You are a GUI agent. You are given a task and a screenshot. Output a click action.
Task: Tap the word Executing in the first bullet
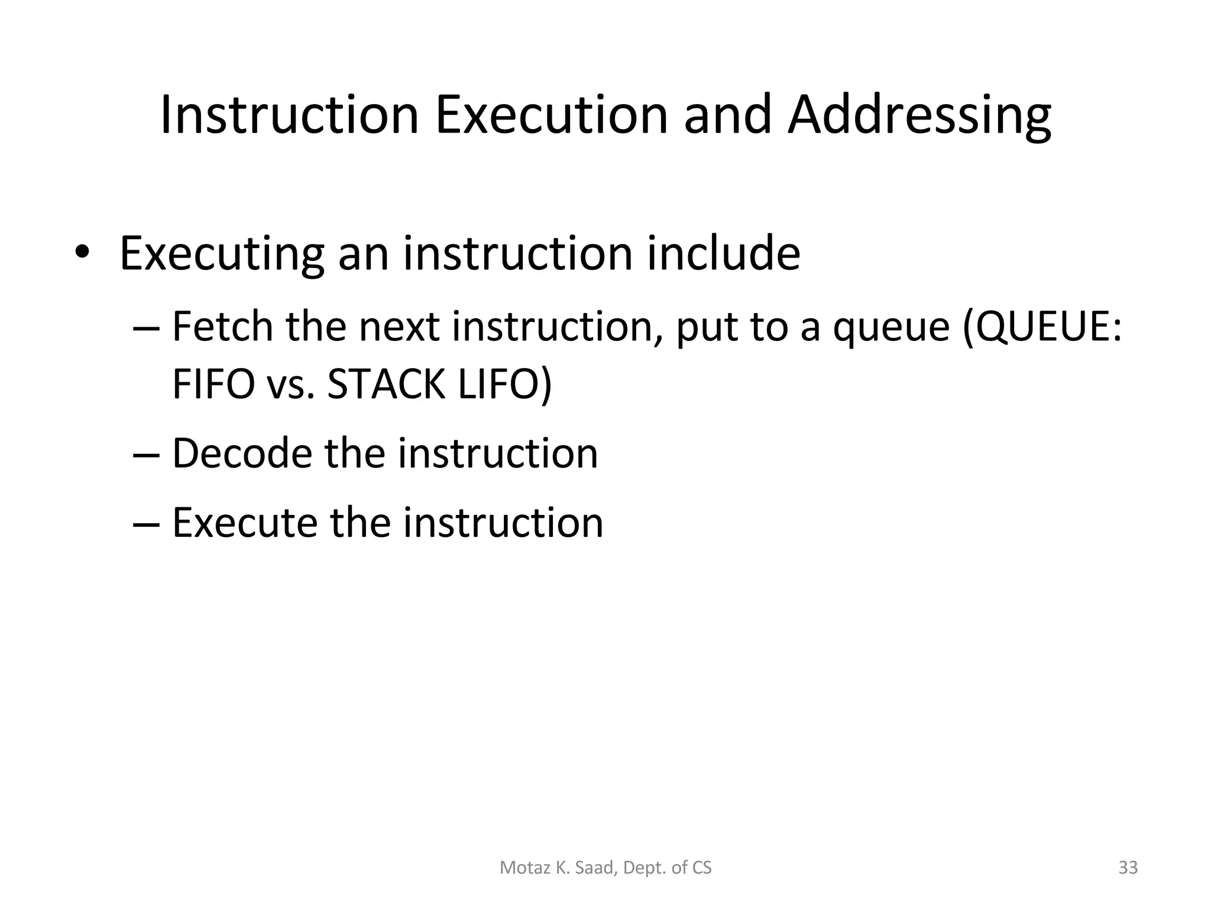coord(222,254)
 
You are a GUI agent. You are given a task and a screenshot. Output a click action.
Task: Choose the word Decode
coord(242,454)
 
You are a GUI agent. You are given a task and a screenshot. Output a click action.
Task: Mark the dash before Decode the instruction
coord(146,455)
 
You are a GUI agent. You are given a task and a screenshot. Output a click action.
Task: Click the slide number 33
coord(1128,868)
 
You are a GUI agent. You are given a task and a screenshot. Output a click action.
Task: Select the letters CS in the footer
coord(702,868)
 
